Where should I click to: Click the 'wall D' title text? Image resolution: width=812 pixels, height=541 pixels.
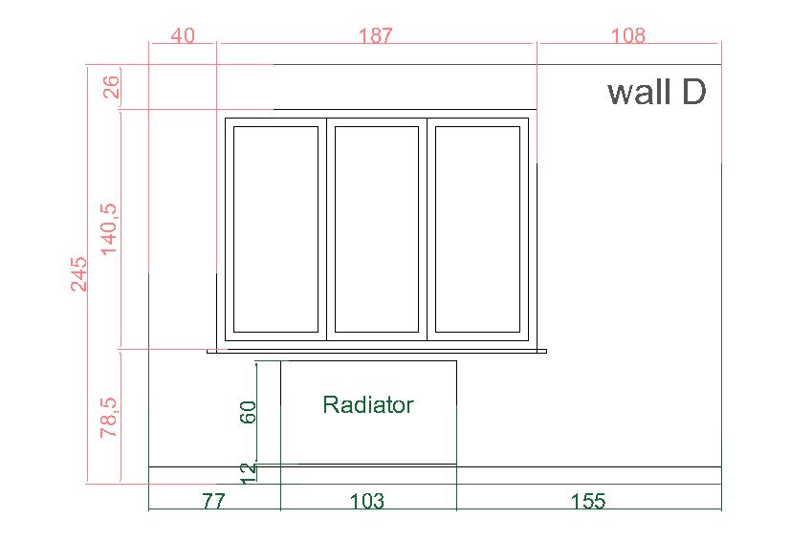point(657,92)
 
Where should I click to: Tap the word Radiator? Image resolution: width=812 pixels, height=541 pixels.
point(367,405)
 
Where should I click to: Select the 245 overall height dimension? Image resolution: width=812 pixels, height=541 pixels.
point(78,274)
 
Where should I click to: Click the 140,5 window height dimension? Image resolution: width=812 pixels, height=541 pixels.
point(109,228)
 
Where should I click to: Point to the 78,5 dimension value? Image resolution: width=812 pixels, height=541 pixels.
point(109,418)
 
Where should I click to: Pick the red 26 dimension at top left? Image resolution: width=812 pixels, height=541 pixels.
point(111,87)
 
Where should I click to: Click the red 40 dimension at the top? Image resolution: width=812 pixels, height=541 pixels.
point(183,35)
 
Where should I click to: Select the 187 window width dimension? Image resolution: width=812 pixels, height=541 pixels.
point(376,35)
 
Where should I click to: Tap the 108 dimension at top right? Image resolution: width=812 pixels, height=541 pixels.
point(628,35)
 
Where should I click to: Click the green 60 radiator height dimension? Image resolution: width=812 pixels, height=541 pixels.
point(249,412)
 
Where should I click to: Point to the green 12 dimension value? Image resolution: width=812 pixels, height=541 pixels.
point(249,473)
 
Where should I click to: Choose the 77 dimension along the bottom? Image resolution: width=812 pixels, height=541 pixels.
point(213,501)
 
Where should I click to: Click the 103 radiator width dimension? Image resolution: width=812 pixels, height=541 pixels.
point(367,501)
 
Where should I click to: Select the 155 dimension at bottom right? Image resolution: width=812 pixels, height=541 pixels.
point(588,501)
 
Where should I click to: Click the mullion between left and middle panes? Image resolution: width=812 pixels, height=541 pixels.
point(327,229)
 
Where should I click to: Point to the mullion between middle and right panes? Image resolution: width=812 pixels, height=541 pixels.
point(428,229)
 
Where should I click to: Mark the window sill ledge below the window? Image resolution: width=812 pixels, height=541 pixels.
point(377,351)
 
